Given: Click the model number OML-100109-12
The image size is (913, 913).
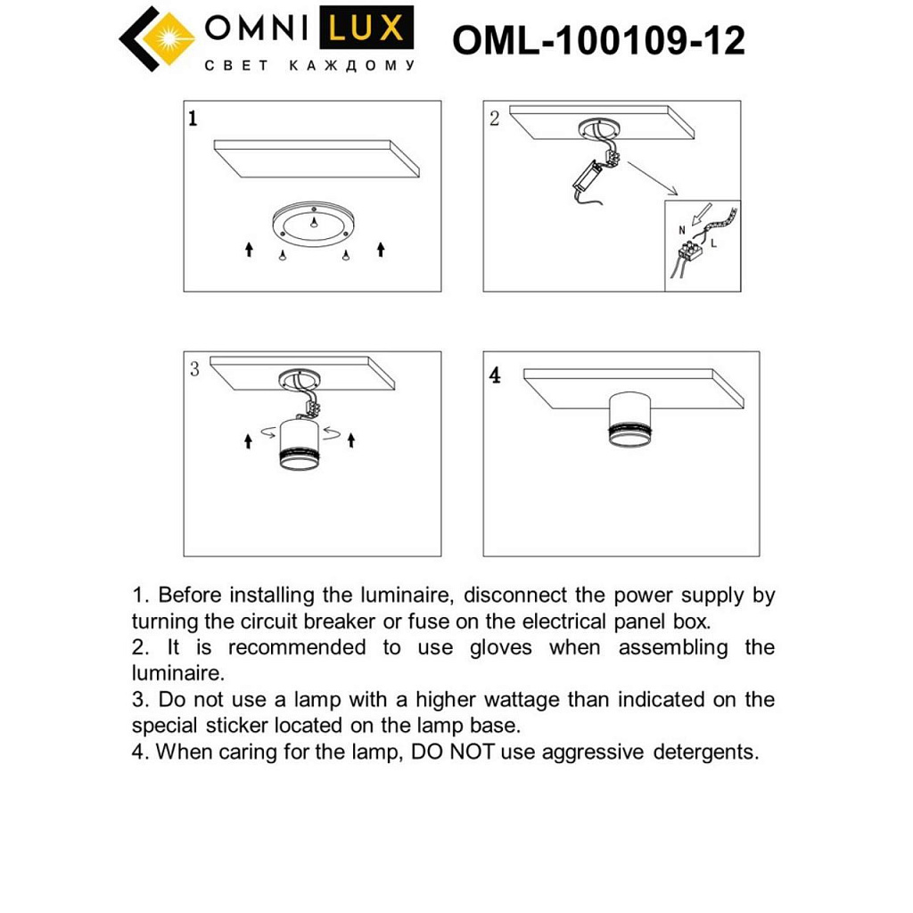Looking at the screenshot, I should tap(598, 40).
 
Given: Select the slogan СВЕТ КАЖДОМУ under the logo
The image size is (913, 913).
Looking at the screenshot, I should tap(309, 66).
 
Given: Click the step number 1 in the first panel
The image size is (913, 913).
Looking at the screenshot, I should tap(193, 119).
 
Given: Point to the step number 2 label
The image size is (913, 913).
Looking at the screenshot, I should tap(495, 119).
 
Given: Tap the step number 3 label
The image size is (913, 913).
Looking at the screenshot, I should tap(194, 368).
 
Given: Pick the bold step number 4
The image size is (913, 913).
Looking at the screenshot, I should tap(495, 374).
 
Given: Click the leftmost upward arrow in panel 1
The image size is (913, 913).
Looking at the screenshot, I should tap(250, 250).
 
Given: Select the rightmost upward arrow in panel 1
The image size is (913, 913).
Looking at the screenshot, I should tap(381, 249).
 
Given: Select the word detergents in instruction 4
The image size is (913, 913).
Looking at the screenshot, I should tap(706, 752).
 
